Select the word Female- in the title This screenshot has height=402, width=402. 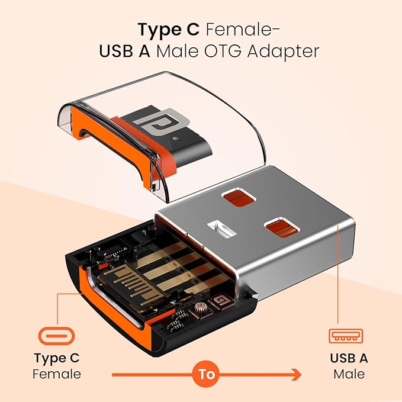[x=243, y=29]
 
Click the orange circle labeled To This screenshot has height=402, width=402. [x=206, y=375]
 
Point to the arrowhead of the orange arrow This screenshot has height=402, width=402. [x=297, y=375]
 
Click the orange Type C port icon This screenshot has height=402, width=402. [x=56, y=336]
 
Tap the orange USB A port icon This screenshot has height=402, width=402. [x=346, y=336]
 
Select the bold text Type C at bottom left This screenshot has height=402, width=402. [x=57, y=358]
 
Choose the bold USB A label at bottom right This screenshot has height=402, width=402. [x=349, y=358]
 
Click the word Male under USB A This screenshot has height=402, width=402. [x=349, y=374]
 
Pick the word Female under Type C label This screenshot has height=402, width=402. [x=57, y=374]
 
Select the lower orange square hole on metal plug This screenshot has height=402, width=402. [x=282, y=228]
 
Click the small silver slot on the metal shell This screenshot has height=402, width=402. [x=221, y=227]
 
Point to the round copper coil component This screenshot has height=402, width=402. [x=201, y=308]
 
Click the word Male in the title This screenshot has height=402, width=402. [x=177, y=52]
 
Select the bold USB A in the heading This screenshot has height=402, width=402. [x=124, y=52]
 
